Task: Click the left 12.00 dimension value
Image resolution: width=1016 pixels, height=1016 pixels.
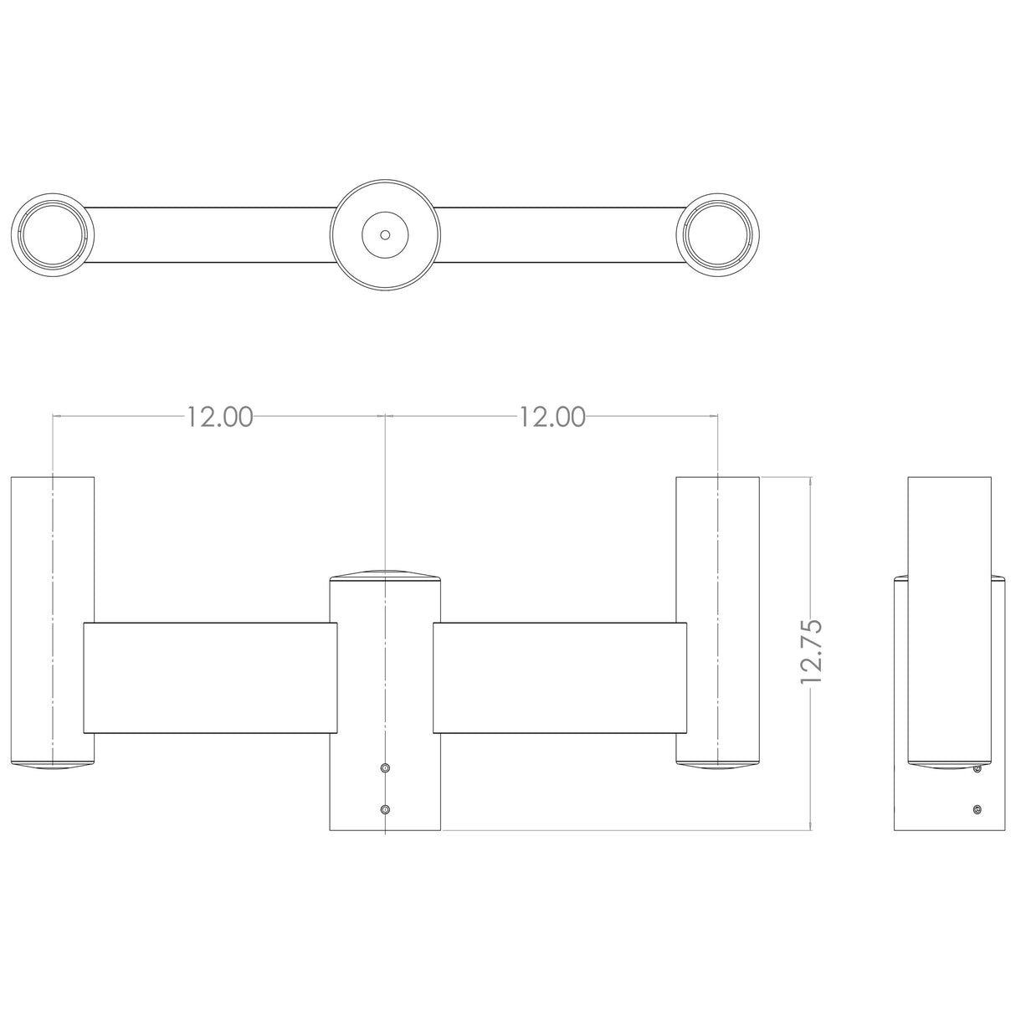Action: tap(220, 417)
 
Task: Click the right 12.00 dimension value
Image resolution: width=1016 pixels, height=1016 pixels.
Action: tap(552, 417)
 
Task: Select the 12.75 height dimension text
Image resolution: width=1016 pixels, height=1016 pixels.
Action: tap(811, 652)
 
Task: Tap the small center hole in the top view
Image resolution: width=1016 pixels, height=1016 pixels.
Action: tap(385, 234)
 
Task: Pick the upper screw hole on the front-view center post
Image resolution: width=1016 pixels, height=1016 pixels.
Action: tap(386, 767)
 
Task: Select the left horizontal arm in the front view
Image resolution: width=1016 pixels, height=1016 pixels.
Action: tap(210, 678)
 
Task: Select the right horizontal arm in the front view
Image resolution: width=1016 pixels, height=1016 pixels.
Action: tap(560, 678)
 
